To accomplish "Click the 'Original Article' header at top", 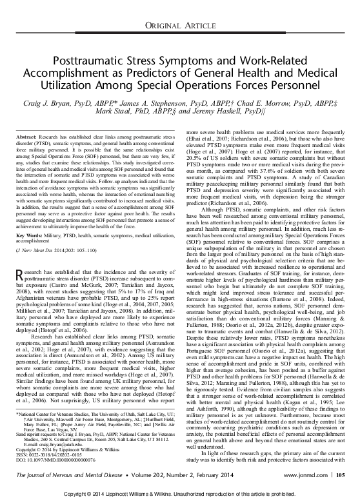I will point(179,24).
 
